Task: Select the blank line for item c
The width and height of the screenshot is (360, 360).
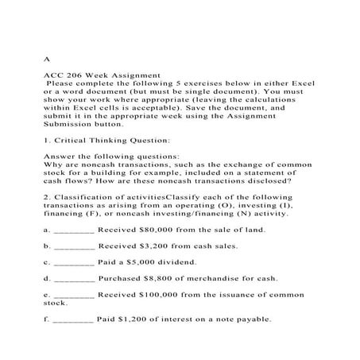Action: click(x=74, y=263)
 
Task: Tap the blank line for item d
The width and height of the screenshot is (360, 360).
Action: click(x=74, y=280)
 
